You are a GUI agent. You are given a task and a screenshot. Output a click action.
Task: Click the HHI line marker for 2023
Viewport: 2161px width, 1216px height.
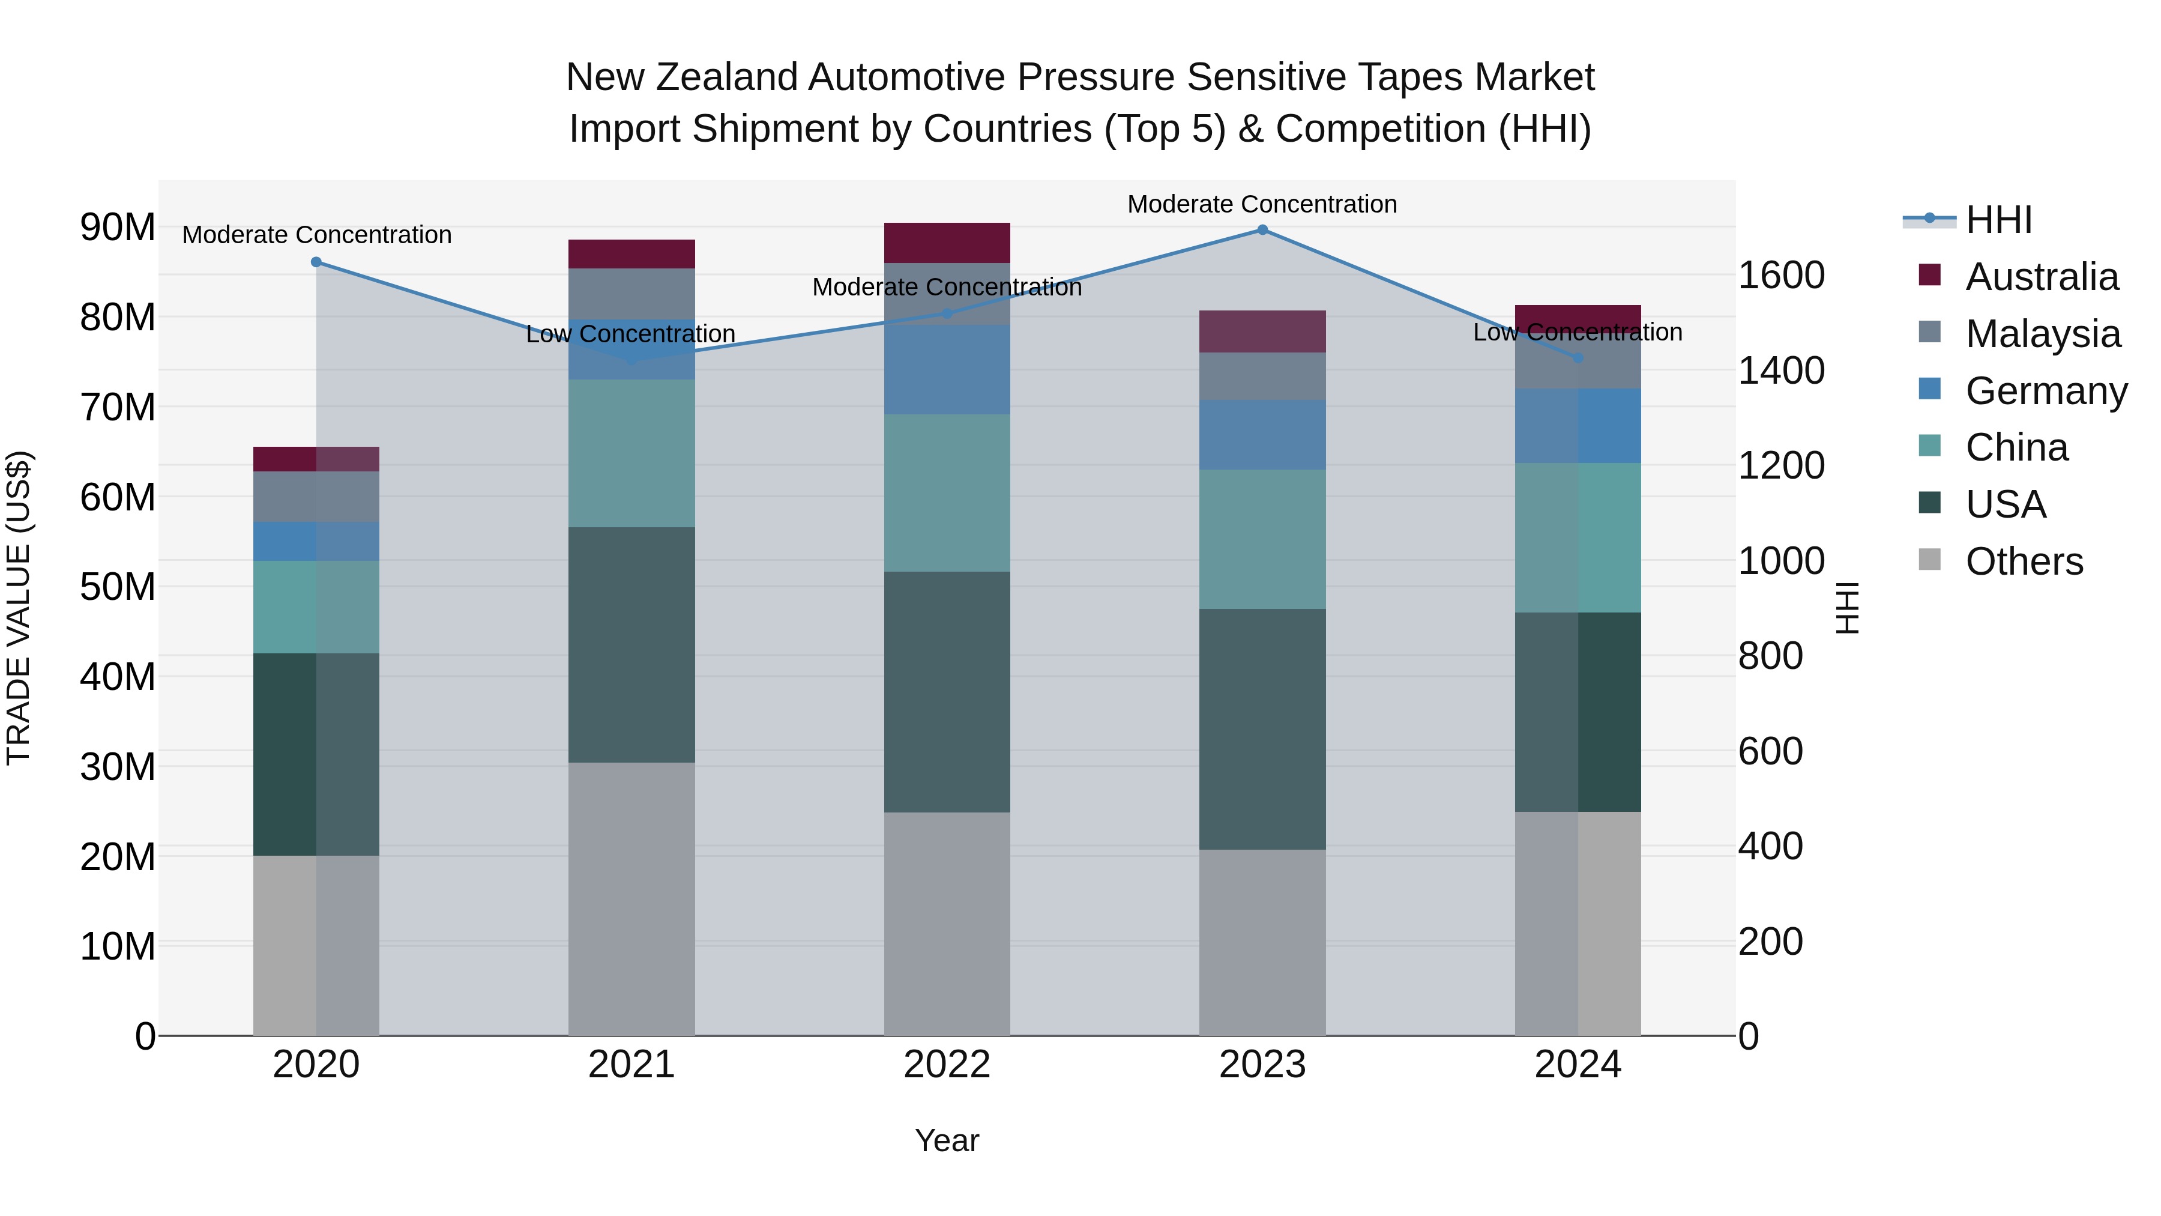pos(1262,230)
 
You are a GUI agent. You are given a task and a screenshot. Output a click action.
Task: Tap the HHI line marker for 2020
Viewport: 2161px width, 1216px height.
pos(316,262)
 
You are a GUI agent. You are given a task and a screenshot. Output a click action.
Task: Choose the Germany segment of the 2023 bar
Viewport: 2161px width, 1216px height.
pos(1262,435)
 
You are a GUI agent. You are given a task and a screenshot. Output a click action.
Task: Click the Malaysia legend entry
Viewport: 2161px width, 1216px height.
pos(2042,334)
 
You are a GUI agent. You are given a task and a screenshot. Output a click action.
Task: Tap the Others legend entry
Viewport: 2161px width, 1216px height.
pos(2024,561)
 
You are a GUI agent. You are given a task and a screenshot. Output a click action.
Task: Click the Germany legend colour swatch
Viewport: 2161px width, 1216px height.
pos(1929,389)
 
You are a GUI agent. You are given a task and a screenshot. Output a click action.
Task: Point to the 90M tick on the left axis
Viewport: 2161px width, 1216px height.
pos(118,228)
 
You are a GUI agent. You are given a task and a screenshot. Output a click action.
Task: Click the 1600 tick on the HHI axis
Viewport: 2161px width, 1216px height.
pos(1781,275)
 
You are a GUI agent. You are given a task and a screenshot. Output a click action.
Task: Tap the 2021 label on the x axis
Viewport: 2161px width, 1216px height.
pos(631,1065)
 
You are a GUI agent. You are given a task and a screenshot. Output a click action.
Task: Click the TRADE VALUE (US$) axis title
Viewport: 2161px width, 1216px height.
pos(19,608)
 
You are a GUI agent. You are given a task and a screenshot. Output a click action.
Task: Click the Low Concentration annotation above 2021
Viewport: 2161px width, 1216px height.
pos(631,334)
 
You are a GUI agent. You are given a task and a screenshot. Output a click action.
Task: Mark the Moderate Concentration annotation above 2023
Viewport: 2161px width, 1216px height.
pos(1262,204)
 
